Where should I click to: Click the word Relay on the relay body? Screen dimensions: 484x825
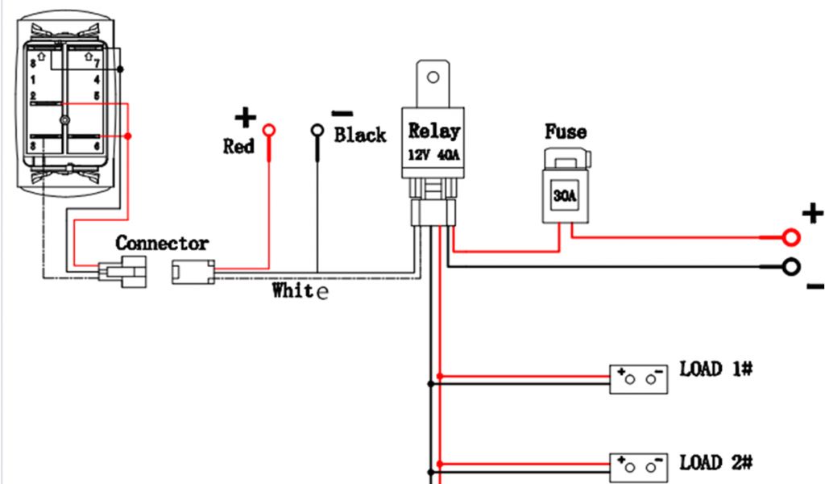click(x=433, y=131)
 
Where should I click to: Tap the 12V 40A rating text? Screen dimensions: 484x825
click(x=433, y=156)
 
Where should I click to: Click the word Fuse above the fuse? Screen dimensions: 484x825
click(x=566, y=131)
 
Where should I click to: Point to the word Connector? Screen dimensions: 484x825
click(x=162, y=243)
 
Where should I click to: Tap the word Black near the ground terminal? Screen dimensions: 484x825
click(x=360, y=135)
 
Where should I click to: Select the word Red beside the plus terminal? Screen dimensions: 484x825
click(x=238, y=147)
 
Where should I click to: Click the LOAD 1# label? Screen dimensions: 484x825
click(x=716, y=369)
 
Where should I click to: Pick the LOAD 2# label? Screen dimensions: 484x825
click(x=716, y=462)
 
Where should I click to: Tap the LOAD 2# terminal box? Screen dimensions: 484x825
click(x=639, y=468)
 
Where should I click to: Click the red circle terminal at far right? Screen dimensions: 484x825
click(x=791, y=237)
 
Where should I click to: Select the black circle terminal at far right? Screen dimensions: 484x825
click(x=791, y=267)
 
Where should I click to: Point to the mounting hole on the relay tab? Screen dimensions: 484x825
click(x=433, y=78)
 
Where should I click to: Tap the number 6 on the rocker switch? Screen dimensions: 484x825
click(x=97, y=146)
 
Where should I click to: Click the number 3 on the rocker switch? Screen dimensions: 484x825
click(x=33, y=146)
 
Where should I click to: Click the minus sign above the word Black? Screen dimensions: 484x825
click(x=342, y=114)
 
